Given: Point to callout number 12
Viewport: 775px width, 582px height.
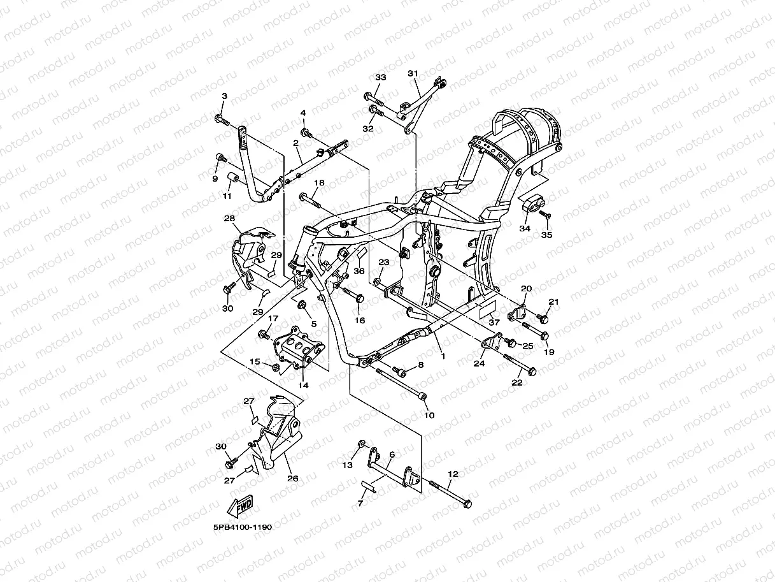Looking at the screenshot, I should tap(453, 474).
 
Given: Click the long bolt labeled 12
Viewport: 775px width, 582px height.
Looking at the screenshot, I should tap(451, 493).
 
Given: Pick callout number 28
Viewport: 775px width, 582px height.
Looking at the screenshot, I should tap(229, 219).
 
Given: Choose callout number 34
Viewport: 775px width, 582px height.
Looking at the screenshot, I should tap(525, 228).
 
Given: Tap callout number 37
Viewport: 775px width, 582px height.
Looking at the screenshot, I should tap(494, 323).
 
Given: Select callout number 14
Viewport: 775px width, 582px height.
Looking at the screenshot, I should tap(302, 385).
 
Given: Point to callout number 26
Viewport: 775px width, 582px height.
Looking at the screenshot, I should tap(292, 479).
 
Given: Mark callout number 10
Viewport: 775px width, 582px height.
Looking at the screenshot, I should tap(429, 415).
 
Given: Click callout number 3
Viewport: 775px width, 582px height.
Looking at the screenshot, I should tap(224, 96).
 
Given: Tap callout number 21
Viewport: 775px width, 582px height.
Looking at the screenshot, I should tap(553, 302).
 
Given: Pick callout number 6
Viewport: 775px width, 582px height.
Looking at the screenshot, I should tap(392, 455).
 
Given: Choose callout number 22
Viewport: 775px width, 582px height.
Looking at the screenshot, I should tap(517, 382).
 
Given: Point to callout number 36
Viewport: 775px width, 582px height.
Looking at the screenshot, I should tap(359, 271).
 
